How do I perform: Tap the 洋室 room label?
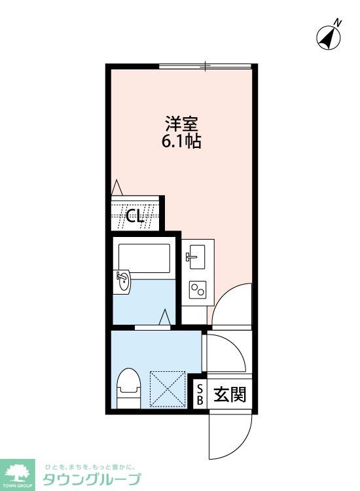[181, 124]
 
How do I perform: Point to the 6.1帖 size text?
[181, 141]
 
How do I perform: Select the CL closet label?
[135, 216]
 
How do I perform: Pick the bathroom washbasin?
[122, 283]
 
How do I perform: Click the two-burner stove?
[197, 289]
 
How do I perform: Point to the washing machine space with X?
[169, 389]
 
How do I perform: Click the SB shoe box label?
[200, 395]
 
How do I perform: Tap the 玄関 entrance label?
[229, 395]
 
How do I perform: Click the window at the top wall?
[206, 65]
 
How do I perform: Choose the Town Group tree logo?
[19, 473]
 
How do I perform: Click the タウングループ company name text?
[92, 479]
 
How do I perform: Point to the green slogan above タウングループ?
[90, 467]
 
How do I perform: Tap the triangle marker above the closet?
[117, 187]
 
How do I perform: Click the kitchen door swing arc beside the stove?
[232, 304]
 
